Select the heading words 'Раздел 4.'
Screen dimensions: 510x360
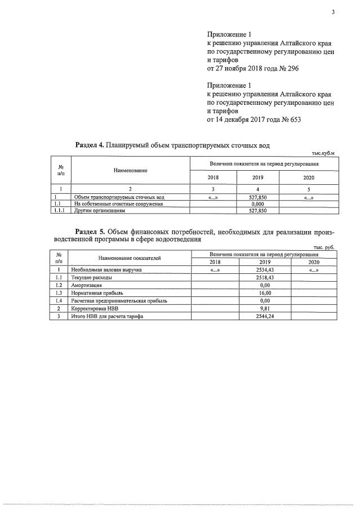coord(89,145)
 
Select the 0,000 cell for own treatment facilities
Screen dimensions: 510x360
coord(257,204)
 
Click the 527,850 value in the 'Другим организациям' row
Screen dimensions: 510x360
coord(257,211)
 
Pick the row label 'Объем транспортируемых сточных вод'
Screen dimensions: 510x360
coord(119,197)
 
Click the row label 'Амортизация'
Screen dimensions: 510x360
coord(87,286)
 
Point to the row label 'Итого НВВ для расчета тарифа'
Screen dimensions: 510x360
coord(108,317)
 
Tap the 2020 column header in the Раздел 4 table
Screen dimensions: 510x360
coord(308,177)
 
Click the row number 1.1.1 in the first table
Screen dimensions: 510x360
coord(60,211)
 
